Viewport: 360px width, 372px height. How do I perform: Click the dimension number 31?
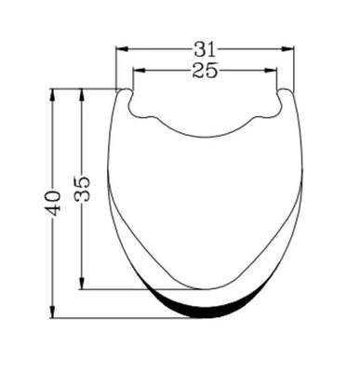[205, 49]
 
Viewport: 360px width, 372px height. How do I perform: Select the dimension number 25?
[205, 71]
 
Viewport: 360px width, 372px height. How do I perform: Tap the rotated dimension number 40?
[52, 203]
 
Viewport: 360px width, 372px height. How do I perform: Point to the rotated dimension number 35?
[82, 189]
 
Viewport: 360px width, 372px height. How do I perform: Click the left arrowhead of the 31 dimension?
[122, 49]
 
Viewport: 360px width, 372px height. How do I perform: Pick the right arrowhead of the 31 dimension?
[287, 49]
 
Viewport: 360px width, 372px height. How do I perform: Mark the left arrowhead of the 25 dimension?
[139, 71]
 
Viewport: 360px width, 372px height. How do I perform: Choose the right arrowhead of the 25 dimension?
[271, 71]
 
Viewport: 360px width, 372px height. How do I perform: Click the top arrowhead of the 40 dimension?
[52, 95]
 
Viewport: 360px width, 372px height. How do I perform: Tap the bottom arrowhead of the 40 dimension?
[52, 312]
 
